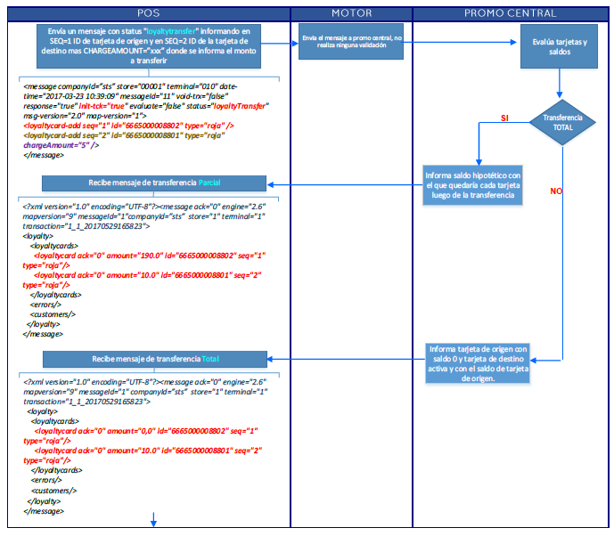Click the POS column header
(x=149, y=13)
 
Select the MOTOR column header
(x=351, y=13)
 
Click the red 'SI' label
(x=505, y=118)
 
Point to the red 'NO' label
(x=556, y=191)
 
